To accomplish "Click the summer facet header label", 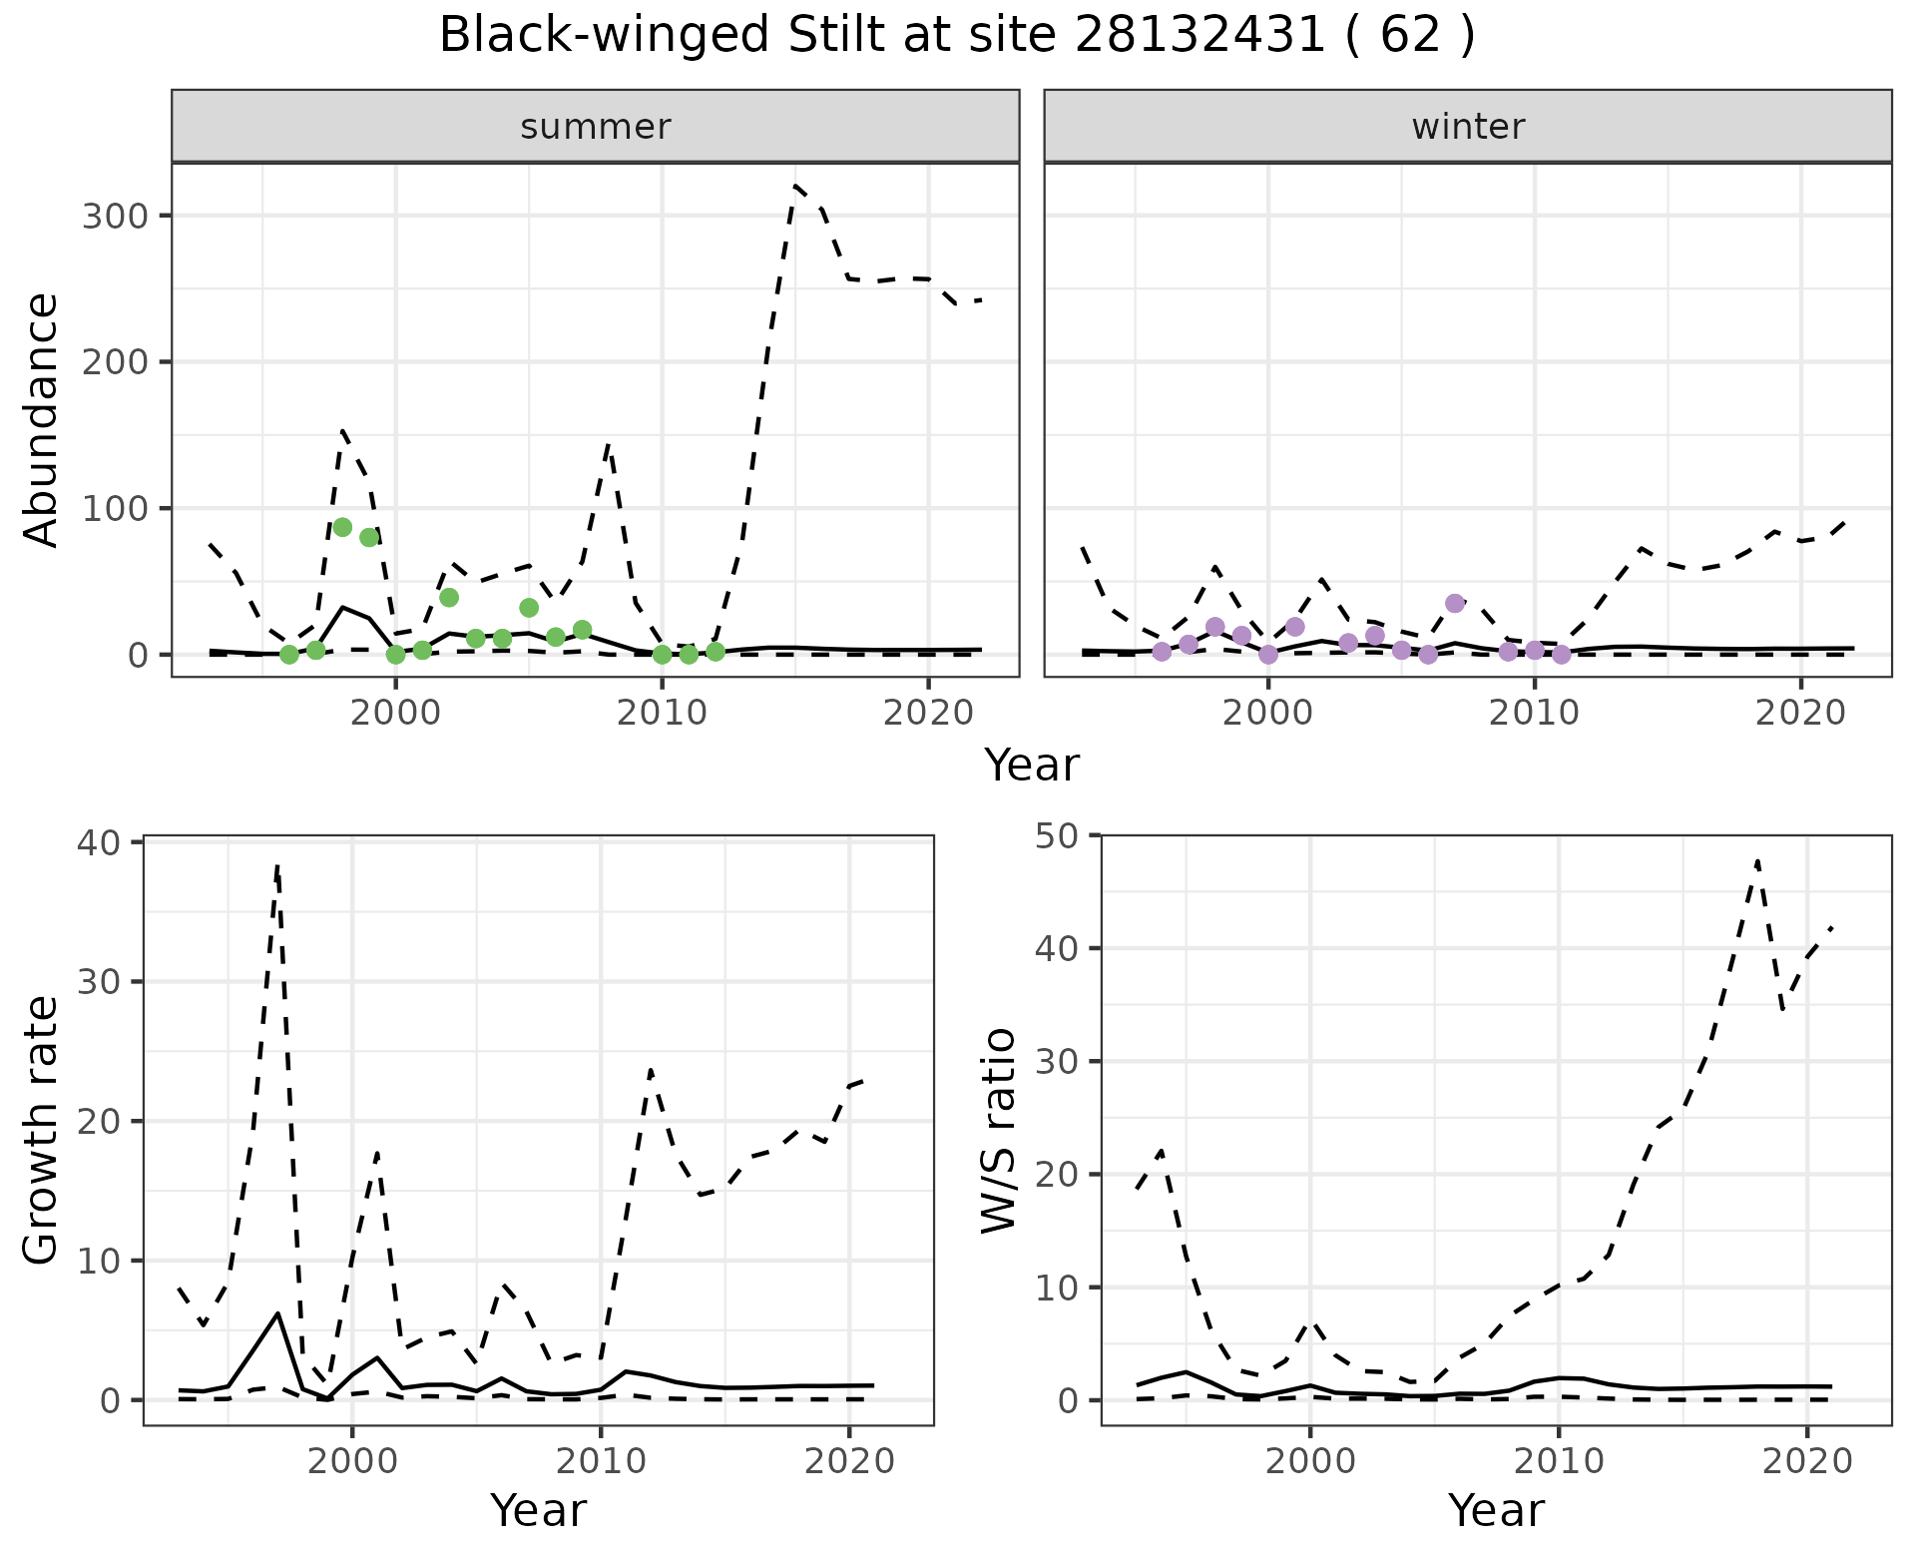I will point(595,127).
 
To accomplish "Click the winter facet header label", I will point(1467,127).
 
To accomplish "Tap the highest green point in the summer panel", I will point(342,527).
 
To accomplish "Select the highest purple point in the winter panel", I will point(1455,603).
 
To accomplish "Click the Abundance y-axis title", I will point(42,419).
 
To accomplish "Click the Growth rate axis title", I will point(42,1130).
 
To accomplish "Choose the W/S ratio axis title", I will point(999,1130).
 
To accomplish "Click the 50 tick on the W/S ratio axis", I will point(1058,835).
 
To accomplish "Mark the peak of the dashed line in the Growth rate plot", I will point(277,866).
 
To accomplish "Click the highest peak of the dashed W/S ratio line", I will point(1756,859).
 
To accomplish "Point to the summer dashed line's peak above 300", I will point(795,186).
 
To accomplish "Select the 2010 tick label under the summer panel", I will point(662,715).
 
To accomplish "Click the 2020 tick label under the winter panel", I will point(1800,715).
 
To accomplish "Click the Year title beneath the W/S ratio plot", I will point(1495,1510).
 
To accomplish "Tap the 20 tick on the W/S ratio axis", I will point(1058,1175).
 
